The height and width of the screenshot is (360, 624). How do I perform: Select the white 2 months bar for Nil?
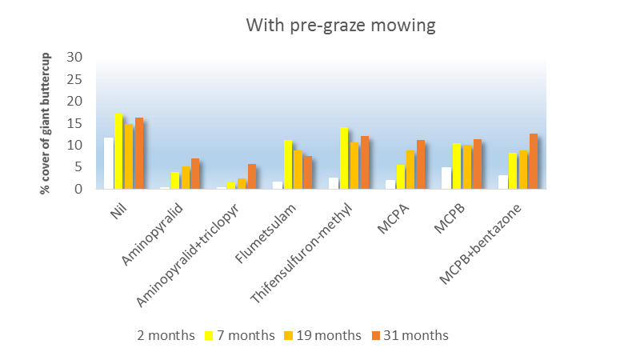tap(108, 163)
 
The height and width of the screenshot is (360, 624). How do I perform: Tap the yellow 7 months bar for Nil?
tap(118, 151)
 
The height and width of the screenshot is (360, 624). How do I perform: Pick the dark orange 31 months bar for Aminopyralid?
tap(195, 174)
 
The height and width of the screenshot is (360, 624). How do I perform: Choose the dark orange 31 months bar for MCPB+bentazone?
tap(534, 161)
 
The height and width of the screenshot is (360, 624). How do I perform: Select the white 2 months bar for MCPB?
tap(446, 178)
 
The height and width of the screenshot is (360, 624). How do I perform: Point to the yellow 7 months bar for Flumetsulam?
tap(288, 164)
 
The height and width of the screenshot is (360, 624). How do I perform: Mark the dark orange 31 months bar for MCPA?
tap(421, 164)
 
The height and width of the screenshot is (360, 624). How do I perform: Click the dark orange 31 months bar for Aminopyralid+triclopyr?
tap(252, 176)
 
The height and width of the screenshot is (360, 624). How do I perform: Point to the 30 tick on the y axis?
tap(76, 58)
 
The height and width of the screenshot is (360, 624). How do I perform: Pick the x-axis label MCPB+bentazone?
tap(484, 243)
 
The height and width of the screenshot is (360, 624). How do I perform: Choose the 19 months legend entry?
tap(323, 335)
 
